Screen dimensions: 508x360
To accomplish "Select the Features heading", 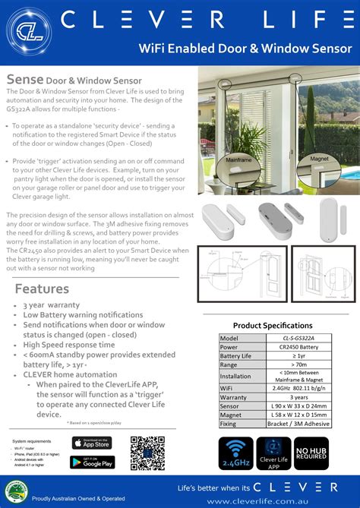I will [x=42, y=289].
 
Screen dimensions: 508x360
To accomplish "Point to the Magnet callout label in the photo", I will [x=319, y=159].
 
